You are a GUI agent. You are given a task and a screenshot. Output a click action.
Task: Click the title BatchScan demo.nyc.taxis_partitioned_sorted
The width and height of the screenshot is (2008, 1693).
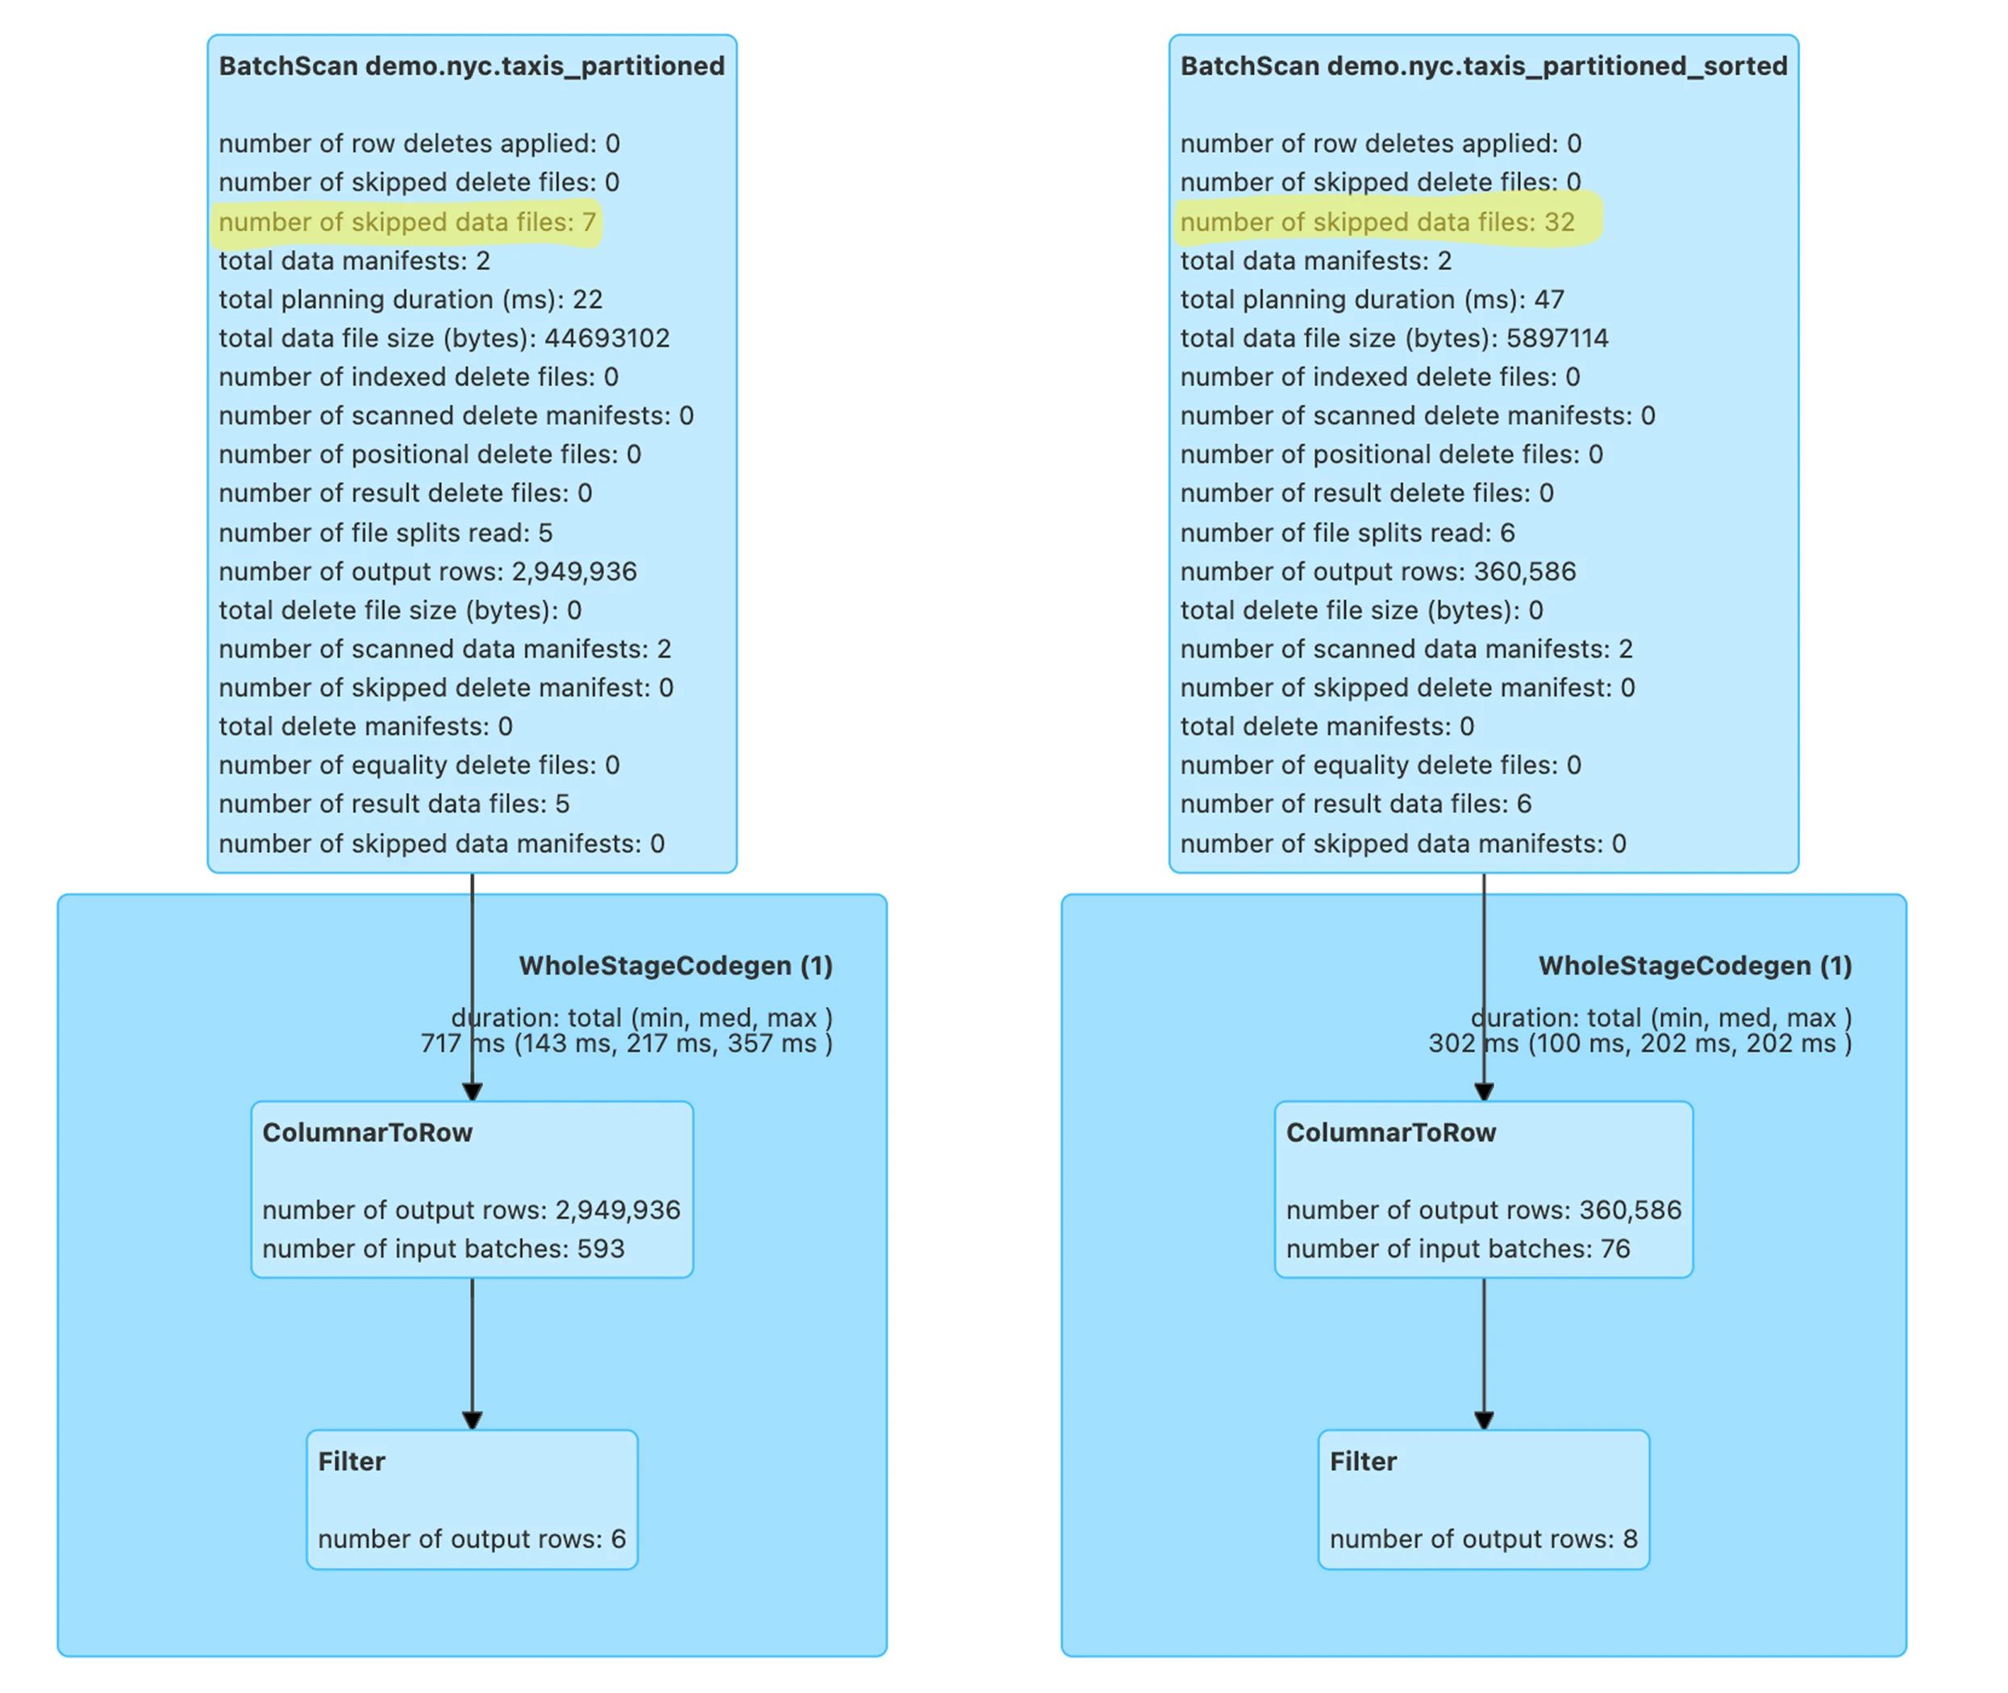click(1483, 66)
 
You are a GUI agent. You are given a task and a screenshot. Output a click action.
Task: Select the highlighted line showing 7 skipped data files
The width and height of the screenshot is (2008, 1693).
click(407, 223)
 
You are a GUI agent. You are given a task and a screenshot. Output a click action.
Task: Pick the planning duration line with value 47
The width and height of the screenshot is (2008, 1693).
click(1372, 299)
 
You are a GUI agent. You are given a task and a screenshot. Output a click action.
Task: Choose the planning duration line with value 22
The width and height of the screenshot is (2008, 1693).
click(410, 299)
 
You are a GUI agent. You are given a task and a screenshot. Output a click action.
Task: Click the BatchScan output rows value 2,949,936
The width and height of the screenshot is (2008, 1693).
click(574, 572)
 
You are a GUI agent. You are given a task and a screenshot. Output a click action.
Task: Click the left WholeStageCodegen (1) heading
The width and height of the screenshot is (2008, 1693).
click(676, 966)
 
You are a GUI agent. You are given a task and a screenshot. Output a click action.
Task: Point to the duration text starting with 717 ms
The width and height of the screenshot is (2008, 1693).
click(626, 1043)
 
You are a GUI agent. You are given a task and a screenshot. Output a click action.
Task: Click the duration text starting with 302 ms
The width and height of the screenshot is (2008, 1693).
click(1639, 1043)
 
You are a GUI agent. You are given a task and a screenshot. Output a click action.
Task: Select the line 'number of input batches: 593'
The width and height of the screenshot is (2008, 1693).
click(444, 1249)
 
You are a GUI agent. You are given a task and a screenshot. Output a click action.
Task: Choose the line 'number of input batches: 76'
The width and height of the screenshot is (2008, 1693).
click(1458, 1249)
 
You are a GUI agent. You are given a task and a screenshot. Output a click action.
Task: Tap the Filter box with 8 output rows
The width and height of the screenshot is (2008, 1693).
click(1484, 1500)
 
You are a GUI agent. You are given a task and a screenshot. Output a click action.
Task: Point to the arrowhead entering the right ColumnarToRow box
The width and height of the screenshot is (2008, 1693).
click(1484, 1092)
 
